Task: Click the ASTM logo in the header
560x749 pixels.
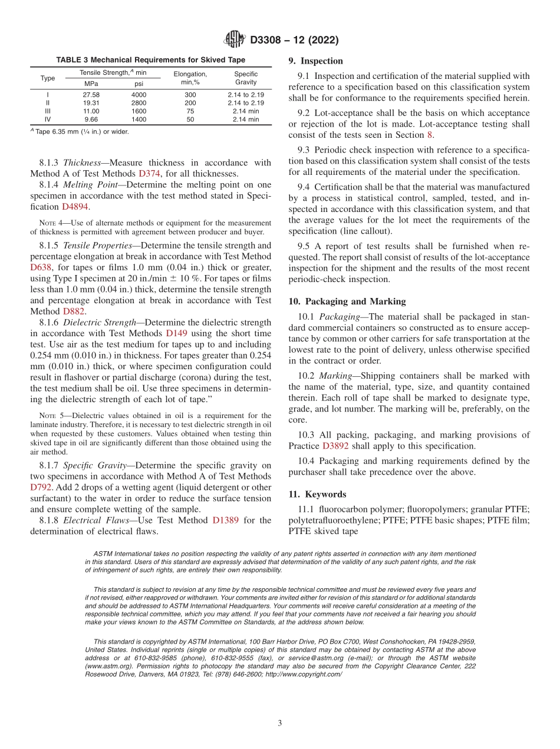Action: tap(235, 40)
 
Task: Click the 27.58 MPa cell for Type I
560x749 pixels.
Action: tap(91, 95)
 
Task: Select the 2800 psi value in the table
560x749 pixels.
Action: tap(139, 103)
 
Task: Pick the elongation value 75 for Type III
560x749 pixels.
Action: tap(190, 111)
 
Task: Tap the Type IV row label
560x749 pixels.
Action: tap(48, 120)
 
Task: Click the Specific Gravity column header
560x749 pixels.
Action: tap(246, 78)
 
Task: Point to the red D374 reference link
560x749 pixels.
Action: tap(149, 173)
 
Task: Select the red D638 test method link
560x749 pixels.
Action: tap(41, 267)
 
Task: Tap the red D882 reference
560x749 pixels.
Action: tap(74, 311)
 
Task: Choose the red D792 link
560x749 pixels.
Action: tap(41, 487)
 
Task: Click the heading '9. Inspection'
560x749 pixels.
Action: tap(315, 61)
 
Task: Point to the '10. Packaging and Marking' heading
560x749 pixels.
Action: tap(347, 301)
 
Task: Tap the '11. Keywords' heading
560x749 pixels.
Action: tap(317, 494)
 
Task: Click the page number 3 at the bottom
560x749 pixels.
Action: tap(280, 723)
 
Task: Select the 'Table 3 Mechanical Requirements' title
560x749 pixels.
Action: tap(150, 60)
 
